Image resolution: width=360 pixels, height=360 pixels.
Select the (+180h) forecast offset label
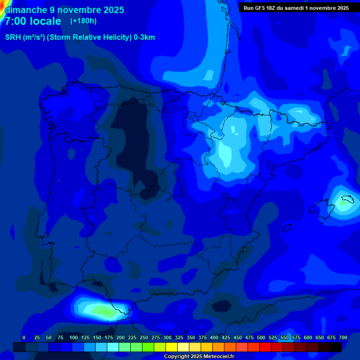(83, 21)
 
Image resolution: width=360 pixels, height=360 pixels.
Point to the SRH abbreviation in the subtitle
(13, 37)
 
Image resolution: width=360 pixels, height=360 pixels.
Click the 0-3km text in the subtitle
(144, 37)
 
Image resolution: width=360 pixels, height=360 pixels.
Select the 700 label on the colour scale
(343, 337)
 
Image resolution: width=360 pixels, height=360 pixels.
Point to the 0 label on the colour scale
(24, 337)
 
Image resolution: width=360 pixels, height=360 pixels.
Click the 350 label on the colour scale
(191, 337)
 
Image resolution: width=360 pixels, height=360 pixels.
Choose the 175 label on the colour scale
(109, 337)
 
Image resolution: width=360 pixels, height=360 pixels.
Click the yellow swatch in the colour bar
(172, 347)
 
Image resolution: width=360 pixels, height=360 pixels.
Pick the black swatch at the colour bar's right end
(336, 347)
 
